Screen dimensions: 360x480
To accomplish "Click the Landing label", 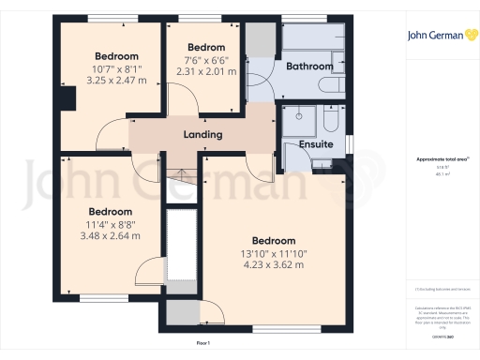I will tap(202, 134).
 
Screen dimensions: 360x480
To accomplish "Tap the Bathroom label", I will tap(309, 67).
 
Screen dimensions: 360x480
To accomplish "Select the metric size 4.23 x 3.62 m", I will tap(274, 264).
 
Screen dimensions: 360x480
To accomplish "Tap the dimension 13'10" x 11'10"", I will tap(274, 252).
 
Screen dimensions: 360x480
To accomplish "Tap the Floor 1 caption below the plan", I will tap(202, 344).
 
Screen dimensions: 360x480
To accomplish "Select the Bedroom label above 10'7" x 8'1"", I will tap(116, 56).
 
